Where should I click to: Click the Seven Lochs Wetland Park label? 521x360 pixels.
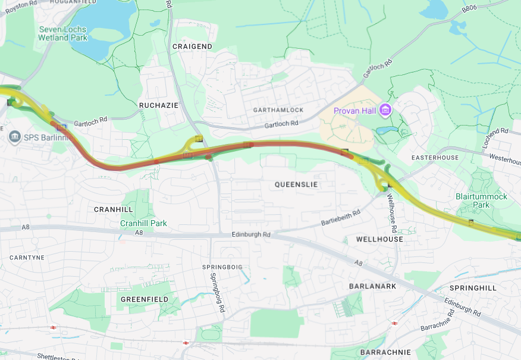62,33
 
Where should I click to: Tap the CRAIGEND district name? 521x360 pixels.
192,46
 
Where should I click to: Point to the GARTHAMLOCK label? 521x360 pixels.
278,110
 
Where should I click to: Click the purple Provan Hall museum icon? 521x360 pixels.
385,110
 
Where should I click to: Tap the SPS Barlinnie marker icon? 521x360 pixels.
15,137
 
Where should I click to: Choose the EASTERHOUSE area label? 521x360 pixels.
435,158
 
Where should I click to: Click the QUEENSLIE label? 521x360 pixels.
296,184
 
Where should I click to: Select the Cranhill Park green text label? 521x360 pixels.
143,223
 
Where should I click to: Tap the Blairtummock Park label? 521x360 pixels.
481,201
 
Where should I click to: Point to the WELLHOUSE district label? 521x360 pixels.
379,239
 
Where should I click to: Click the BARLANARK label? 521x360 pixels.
372,286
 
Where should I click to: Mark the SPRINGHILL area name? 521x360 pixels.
473,287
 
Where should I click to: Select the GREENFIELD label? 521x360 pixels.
144,299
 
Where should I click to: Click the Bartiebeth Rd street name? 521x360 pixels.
340,218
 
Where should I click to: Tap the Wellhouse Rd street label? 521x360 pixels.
393,212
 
